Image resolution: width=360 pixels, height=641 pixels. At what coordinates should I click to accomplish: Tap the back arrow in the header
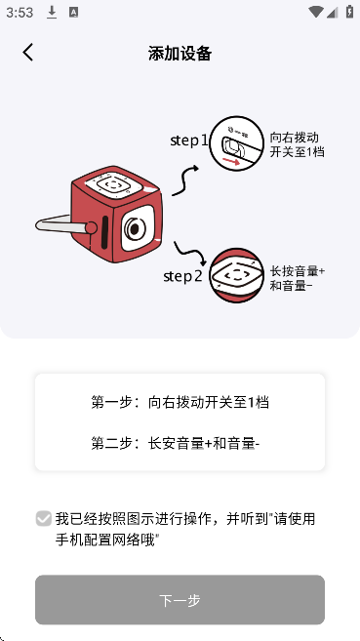pyautogui.click(x=27, y=53)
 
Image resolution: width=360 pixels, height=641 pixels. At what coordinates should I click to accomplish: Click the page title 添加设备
pyautogui.click(x=180, y=53)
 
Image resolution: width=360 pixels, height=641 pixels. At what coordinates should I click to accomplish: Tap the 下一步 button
pyautogui.click(x=180, y=599)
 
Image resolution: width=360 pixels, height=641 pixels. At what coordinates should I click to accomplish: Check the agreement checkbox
pyautogui.click(x=44, y=518)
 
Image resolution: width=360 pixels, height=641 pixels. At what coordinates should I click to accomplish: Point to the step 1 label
pyautogui.click(x=189, y=140)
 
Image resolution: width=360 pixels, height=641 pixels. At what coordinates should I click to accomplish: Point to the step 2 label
pyautogui.click(x=183, y=276)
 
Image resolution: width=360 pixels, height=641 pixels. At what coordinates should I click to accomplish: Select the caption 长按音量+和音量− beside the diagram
pyautogui.click(x=297, y=278)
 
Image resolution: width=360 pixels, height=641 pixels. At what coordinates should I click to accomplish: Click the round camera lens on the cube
pyautogui.click(x=132, y=230)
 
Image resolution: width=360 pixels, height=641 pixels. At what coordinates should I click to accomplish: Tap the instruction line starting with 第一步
pyautogui.click(x=180, y=402)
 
